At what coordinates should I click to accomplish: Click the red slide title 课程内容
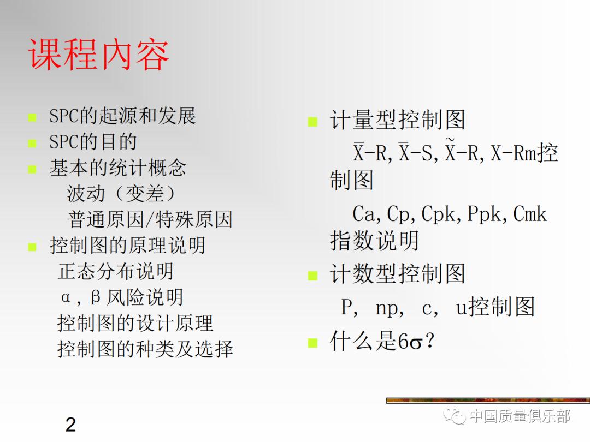(x=99, y=55)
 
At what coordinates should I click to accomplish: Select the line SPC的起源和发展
(x=122, y=116)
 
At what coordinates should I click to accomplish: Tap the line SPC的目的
(x=93, y=142)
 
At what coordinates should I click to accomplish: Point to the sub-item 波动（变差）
(x=121, y=194)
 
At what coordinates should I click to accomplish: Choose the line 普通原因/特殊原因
(x=150, y=220)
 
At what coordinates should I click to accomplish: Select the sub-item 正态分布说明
(x=115, y=271)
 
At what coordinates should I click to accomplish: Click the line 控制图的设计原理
(x=135, y=324)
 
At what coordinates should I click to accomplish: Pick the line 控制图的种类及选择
(x=145, y=349)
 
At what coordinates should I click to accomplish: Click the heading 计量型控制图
(x=397, y=120)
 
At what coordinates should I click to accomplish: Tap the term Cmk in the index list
(x=529, y=214)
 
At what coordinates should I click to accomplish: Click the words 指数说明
(x=374, y=241)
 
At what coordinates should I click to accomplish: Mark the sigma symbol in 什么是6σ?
(x=416, y=343)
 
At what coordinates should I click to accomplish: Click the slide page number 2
(x=70, y=425)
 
